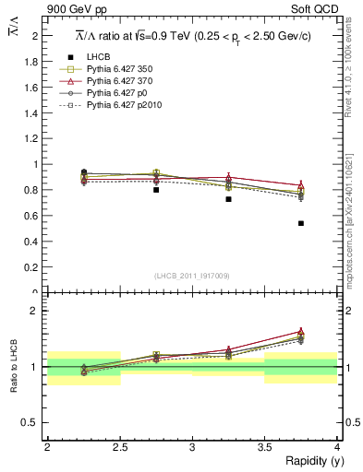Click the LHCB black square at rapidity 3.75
(x=301, y=223)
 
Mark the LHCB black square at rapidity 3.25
(x=228, y=199)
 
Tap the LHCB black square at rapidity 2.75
(x=156, y=190)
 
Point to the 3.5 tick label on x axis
(x=264, y=446)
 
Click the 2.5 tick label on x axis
(x=120, y=446)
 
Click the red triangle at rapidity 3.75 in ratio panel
(x=301, y=331)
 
